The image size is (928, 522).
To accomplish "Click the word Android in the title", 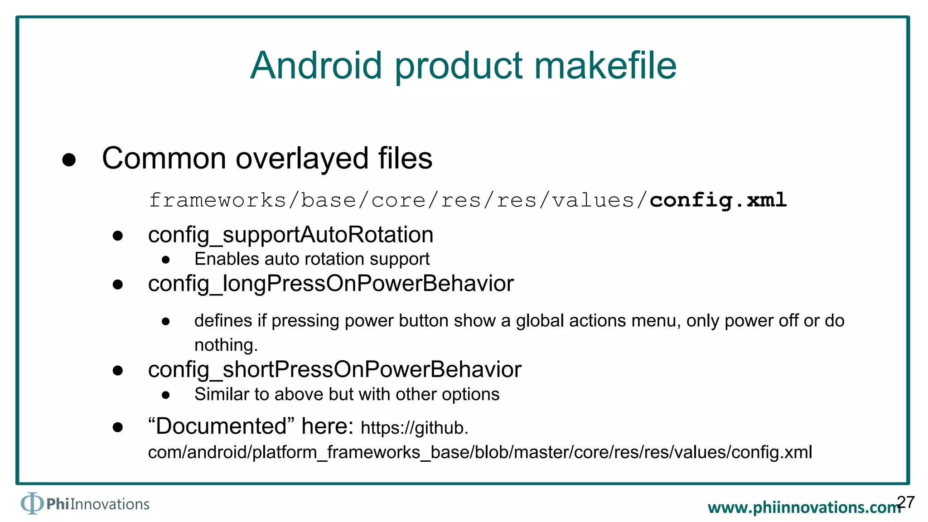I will coord(316,66).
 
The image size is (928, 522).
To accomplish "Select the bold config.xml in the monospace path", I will coord(718,200).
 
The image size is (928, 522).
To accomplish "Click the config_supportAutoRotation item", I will coord(290,235).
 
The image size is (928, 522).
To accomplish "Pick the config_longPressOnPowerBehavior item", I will coord(331,284).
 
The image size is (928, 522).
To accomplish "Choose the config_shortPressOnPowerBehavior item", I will coord(334,370).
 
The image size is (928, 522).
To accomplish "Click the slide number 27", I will coord(906,502).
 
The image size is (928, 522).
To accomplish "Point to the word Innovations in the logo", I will coord(110,504).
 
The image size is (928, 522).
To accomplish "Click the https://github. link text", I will coord(414,428).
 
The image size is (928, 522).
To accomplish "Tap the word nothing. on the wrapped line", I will coord(226,345).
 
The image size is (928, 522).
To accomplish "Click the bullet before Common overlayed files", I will coord(69,159).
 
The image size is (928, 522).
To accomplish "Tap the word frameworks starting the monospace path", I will coord(217,200).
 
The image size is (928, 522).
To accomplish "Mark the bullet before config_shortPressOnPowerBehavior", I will coord(118,371).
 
